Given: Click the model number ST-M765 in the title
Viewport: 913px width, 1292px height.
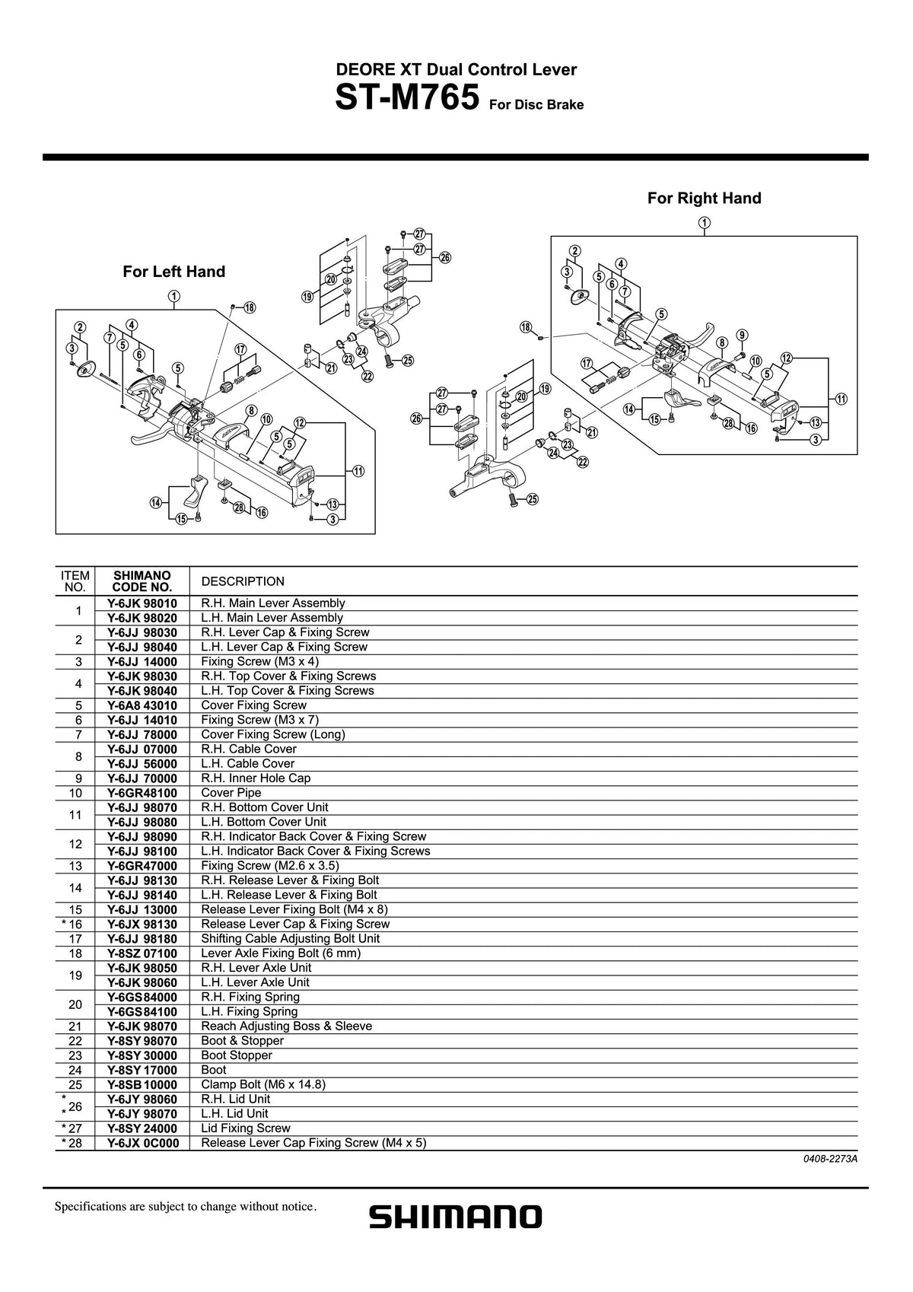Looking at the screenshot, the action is pyautogui.click(x=407, y=97).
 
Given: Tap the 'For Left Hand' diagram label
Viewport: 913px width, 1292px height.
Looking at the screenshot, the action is pyautogui.click(x=173, y=272).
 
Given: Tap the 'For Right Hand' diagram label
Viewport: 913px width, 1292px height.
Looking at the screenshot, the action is pyautogui.click(x=705, y=199).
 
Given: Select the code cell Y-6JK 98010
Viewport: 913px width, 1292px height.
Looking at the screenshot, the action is pyautogui.click(x=142, y=603).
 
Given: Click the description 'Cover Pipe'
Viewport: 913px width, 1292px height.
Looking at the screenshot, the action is pyautogui.click(x=231, y=793).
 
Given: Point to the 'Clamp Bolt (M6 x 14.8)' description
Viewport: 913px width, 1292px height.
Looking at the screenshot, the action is pyautogui.click(x=263, y=1084).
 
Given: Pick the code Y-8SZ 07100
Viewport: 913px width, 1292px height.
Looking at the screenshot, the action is pyautogui.click(x=142, y=953).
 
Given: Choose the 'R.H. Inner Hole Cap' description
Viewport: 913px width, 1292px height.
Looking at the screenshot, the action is pyautogui.click(x=256, y=778).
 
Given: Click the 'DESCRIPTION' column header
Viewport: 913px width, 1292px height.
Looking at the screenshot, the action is pyautogui.click(x=243, y=581).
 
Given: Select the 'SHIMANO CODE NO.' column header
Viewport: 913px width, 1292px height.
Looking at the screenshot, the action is pyautogui.click(x=142, y=581).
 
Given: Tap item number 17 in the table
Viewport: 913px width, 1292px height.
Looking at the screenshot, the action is pyautogui.click(x=75, y=939).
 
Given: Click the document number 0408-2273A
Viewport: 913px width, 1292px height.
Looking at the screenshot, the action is pyautogui.click(x=831, y=1159).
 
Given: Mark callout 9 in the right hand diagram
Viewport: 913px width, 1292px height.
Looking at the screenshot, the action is pyautogui.click(x=743, y=335).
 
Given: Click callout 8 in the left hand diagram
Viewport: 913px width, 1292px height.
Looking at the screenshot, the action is pyautogui.click(x=251, y=411).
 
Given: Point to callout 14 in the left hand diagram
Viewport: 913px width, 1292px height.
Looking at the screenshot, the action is pyautogui.click(x=156, y=503).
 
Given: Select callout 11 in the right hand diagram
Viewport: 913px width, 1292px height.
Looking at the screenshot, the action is pyautogui.click(x=841, y=399).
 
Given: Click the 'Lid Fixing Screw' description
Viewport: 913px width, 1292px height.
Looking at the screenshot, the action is pyautogui.click(x=246, y=1128).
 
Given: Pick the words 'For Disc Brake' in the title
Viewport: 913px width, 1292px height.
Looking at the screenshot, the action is pyautogui.click(x=536, y=105).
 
